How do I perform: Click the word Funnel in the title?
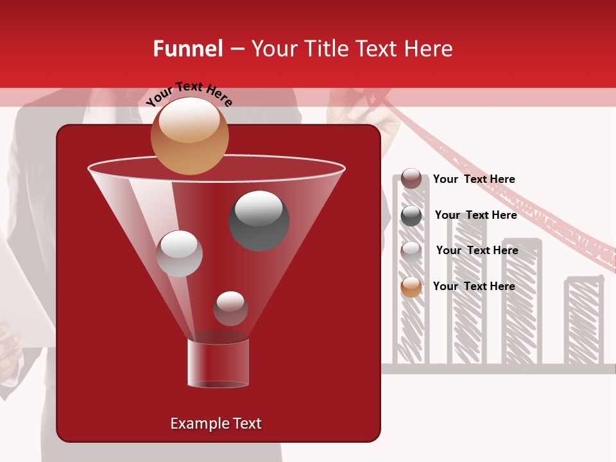click(187, 49)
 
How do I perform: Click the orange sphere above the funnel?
click(189, 136)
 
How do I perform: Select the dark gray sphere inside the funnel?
click(259, 220)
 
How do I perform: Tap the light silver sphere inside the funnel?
click(179, 253)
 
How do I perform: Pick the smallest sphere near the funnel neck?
click(230, 309)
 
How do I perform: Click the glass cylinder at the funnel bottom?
click(218, 363)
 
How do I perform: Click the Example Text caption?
click(216, 424)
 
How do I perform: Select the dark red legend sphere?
click(411, 179)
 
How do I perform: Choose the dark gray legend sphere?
click(411, 216)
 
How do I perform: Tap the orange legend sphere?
click(411, 287)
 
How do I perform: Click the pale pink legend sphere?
click(411, 251)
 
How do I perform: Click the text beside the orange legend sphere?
click(474, 286)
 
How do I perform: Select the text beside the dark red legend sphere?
click(474, 179)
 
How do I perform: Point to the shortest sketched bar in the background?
click(583, 321)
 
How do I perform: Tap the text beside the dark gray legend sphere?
click(475, 215)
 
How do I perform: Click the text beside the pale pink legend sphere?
click(477, 250)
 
